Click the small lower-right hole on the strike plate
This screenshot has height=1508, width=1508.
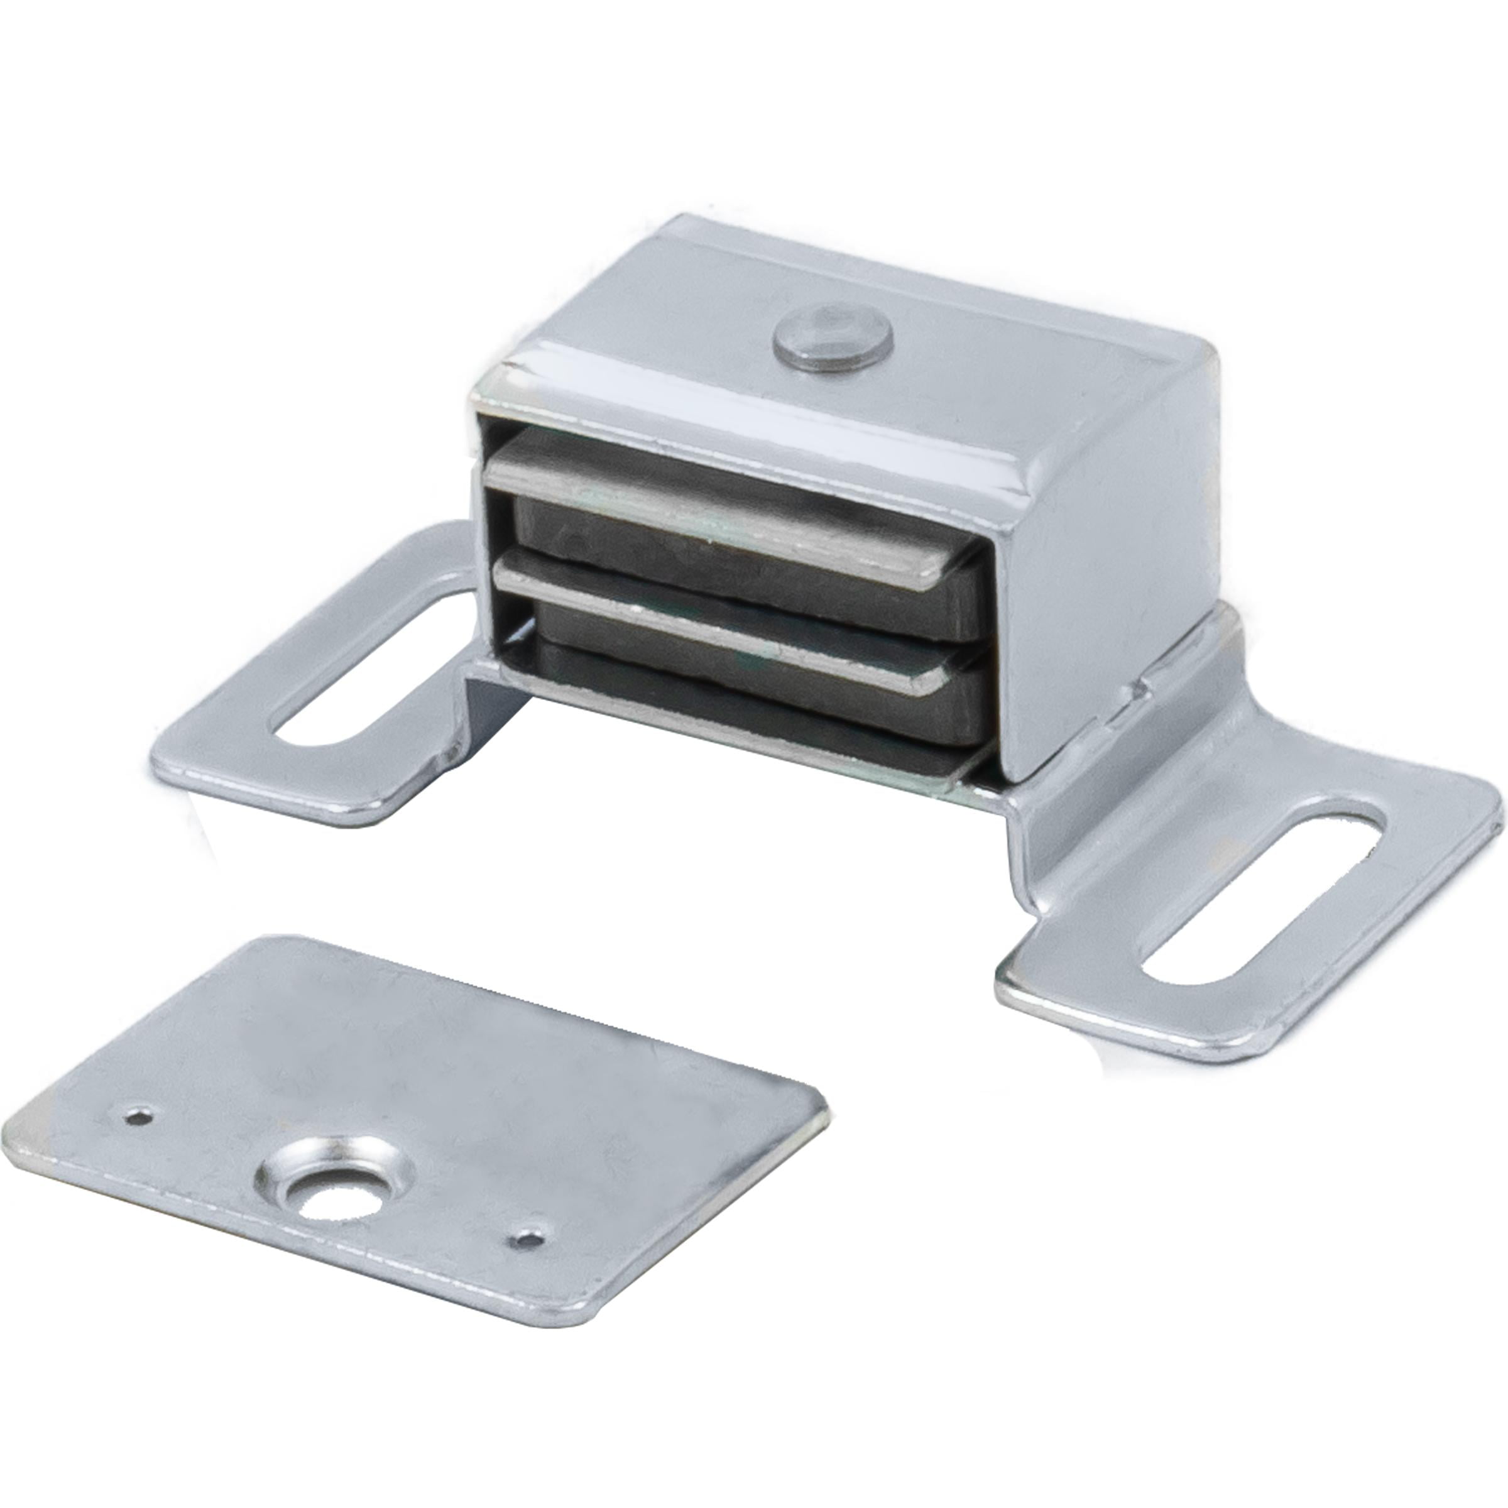(528, 1238)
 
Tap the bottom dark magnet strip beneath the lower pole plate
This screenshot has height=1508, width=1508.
(750, 706)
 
